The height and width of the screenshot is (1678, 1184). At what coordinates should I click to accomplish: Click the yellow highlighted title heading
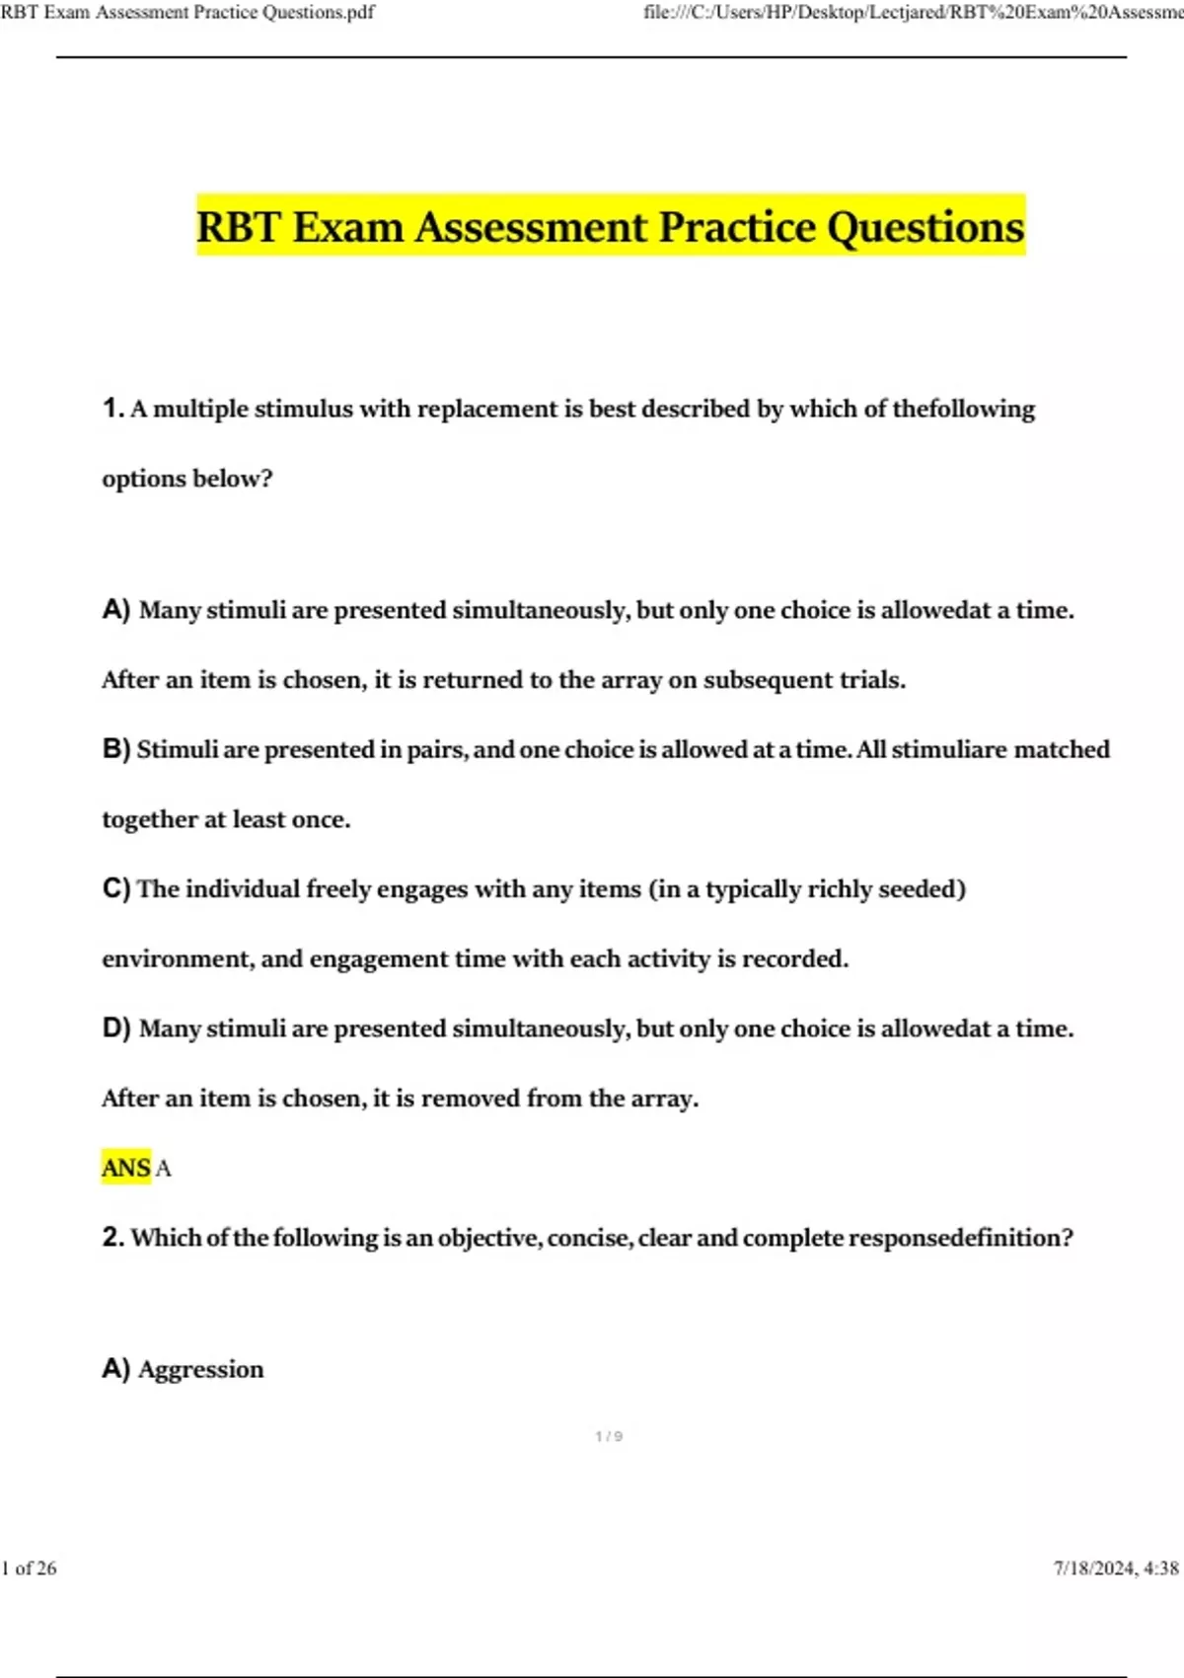point(611,226)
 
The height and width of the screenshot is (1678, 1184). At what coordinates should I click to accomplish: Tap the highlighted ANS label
point(126,1168)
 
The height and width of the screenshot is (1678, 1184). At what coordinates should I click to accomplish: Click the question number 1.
point(112,408)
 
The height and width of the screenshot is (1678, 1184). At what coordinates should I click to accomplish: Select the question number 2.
point(112,1237)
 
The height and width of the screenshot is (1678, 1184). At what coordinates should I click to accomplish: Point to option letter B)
point(116,749)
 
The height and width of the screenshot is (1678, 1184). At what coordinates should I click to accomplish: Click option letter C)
point(116,888)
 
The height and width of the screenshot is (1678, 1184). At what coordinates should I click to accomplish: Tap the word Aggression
point(201,1369)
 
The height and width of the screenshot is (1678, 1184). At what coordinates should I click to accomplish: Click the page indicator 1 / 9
point(609,1436)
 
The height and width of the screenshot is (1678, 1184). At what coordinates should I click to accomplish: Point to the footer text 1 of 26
point(30,1567)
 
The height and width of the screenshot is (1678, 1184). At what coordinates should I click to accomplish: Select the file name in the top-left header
point(187,13)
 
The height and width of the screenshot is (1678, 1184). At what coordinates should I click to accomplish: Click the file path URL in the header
point(913,13)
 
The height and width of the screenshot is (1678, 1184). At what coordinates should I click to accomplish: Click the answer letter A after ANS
point(164,1169)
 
